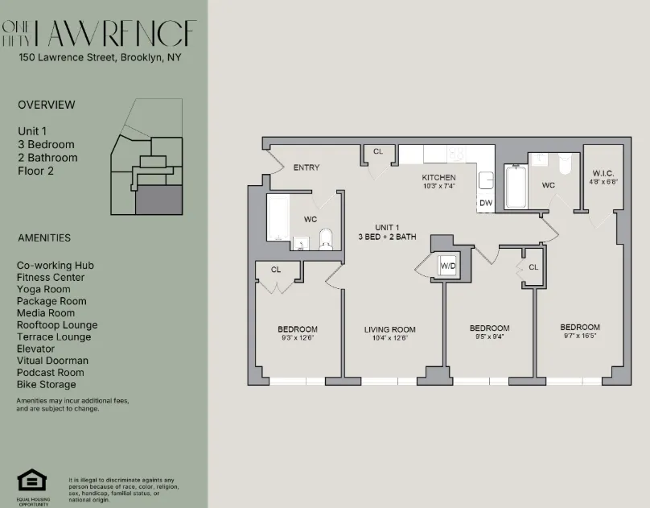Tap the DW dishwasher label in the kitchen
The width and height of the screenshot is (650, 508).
click(486, 203)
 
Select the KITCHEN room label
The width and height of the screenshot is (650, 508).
click(438, 177)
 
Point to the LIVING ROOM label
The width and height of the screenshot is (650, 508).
click(389, 329)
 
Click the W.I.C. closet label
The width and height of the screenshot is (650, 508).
click(603, 173)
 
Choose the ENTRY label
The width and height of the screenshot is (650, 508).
click(306, 167)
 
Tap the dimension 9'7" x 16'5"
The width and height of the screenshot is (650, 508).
click(580, 337)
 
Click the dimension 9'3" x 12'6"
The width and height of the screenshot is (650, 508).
click(298, 338)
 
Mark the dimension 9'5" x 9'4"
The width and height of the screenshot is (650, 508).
click(489, 338)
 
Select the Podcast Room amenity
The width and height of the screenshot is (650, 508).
click(51, 373)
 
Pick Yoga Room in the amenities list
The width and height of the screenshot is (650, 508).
click(43, 289)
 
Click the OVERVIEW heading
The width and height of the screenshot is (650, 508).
click(47, 105)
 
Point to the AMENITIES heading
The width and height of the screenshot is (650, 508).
click(44, 237)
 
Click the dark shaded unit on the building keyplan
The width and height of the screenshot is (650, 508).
click(158, 199)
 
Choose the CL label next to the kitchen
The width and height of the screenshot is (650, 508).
click(378, 151)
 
